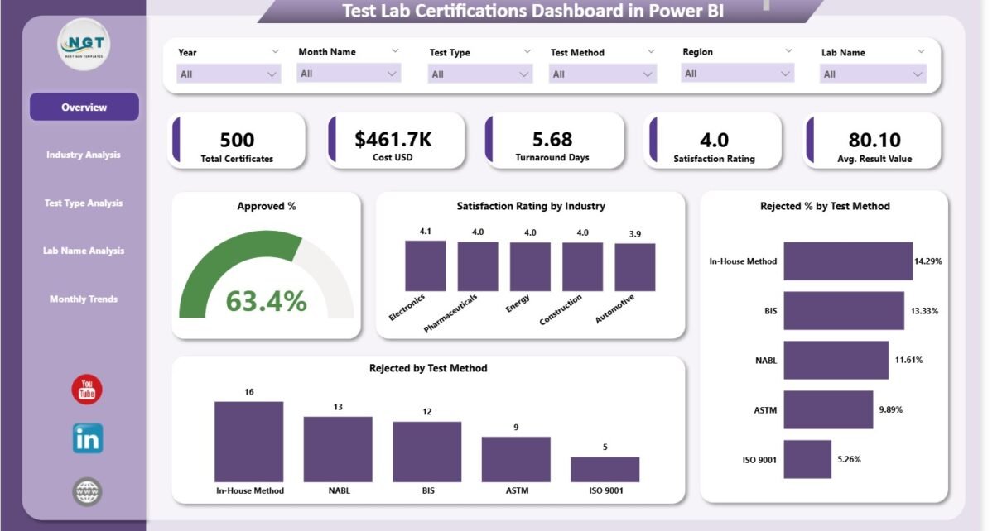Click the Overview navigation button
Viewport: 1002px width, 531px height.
pos(84,108)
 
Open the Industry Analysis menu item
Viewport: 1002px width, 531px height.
pos(84,155)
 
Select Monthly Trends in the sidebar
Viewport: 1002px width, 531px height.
pos(84,299)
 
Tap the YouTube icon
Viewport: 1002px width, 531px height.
pos(87,390)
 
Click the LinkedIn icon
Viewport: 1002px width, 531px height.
pos(87,439)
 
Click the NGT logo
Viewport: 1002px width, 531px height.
pos(84,44)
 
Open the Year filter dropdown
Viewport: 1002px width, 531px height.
pos(229,74)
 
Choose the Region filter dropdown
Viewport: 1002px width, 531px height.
pos(736,74)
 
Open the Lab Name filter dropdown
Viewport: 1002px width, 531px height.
pos(873,74)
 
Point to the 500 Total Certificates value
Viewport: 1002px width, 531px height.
pos(238,140)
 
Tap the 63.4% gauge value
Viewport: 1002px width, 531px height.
pos(266,302)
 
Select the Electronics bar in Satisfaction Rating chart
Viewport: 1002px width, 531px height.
pos(425,265)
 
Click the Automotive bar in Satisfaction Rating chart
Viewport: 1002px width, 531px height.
pos(634,267)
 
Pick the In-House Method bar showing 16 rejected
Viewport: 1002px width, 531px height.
pos(248,442)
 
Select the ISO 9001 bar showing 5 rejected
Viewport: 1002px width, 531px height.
pos(605,469)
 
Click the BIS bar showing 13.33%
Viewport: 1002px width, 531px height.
pos(844,310)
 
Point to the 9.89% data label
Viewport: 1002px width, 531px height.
pos(890,409)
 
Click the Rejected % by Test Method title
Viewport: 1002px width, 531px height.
pos(825,206)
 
